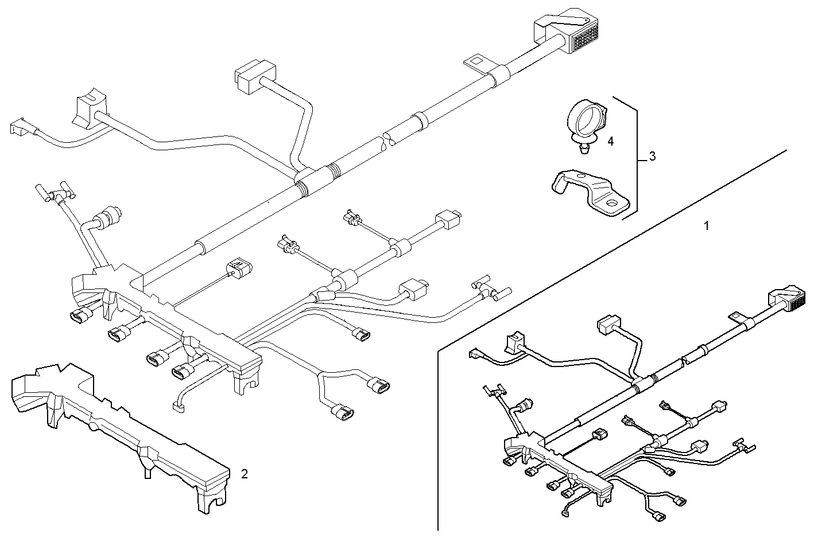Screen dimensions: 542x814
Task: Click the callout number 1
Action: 707,226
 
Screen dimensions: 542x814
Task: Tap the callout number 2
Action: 245,474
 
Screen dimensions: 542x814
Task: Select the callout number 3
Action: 652,156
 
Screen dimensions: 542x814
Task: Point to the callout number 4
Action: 611,141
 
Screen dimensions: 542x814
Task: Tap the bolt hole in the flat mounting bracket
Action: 614,203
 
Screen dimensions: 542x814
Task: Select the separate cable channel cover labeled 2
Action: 115,424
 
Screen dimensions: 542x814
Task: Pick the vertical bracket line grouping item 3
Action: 638,158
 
